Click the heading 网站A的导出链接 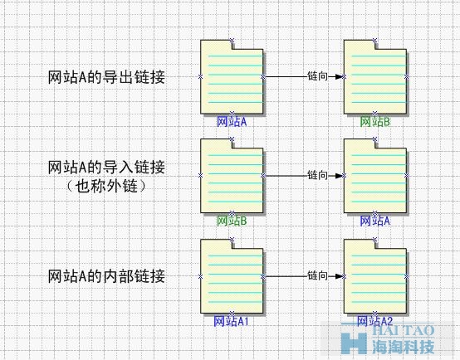(x=106, y=77)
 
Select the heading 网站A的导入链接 (x=106, y=168)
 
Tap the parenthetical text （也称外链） (x=106, y=186)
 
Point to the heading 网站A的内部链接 (x=106, y=276)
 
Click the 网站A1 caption (x=231, y=321)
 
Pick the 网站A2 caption (x=374, y=321)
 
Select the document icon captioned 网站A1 (x=232, y=276)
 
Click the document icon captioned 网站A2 (x=375, y=276)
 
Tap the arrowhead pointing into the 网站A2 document (x=339, y=276)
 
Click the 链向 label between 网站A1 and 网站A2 (x=317, y=275)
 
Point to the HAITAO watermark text (x=403, y=330)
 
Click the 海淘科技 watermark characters (x=404, y=347)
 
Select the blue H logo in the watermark (x=354, y=343)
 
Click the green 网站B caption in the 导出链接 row (x=375, y=122)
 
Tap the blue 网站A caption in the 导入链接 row (x=375, y=221)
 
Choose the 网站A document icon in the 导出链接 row (x=232, y=77)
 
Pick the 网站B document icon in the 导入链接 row (x=232, y=176)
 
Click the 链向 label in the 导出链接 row (x=317, y=76)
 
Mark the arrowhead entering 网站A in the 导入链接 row (x=339, y=176)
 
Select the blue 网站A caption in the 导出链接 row (x=232, y=122)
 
